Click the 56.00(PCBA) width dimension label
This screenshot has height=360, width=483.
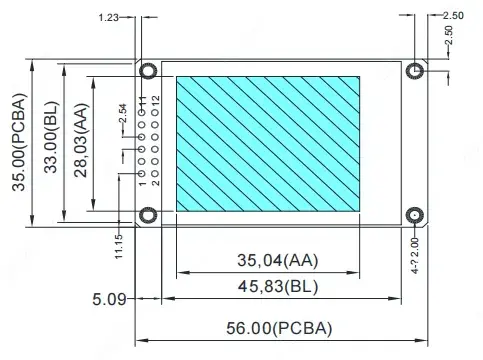coord(279,328)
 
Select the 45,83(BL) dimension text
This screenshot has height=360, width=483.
coord(278,286)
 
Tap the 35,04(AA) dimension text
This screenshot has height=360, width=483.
coord(278,260)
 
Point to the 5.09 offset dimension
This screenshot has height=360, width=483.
coord(109,299)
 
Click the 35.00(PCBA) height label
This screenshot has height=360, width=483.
coord(19,142)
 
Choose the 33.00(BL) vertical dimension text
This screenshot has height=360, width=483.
coord(51,137)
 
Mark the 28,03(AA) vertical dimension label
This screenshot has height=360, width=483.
coord(81,140)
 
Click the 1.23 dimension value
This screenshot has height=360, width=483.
coord(109,17)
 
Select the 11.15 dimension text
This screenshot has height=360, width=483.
coord(119,247)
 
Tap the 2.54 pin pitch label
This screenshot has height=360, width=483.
coord(123,113)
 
